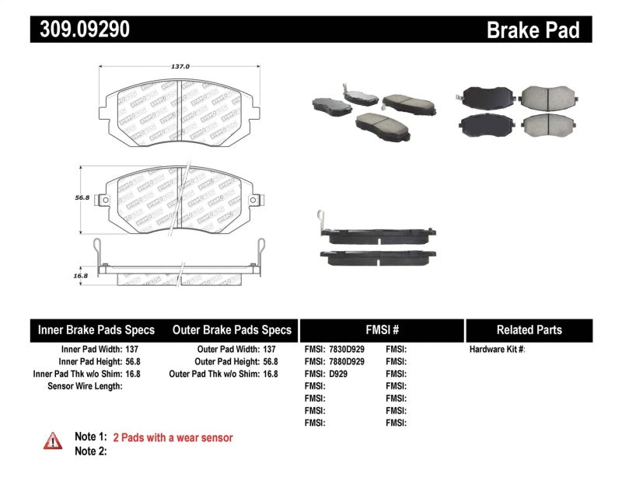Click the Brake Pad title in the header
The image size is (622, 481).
pyautogui.click(x=533, y=30)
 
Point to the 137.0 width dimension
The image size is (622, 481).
pyautogui.click(x=180, y=67)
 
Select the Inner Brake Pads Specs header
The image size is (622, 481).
pyautogui.click(x=96, y=329)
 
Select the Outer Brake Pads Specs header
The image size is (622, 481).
pyautogui.click(x=231, y=329)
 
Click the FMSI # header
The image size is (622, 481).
pyautogui.click(x=382, y=329)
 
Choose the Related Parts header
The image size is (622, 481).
pyautogui.click(x=529, y=329)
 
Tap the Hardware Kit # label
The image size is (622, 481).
pyautogui.click(x=497, y=350)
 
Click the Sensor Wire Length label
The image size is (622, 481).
pyautogui.click(x=85, y=385)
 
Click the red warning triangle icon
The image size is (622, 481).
pyautogui.click(x=53, y=440)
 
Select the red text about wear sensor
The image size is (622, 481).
pyautogui.click(x=173, y=437)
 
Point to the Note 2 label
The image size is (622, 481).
pyautogui.click(x=90, y=451)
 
